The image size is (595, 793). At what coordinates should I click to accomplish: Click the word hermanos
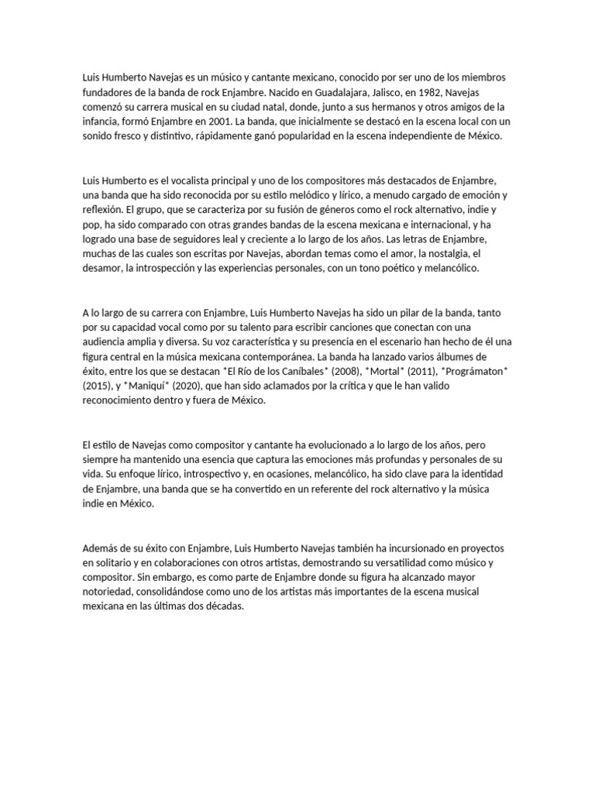389,107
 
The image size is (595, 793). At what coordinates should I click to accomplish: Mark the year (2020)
188,385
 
